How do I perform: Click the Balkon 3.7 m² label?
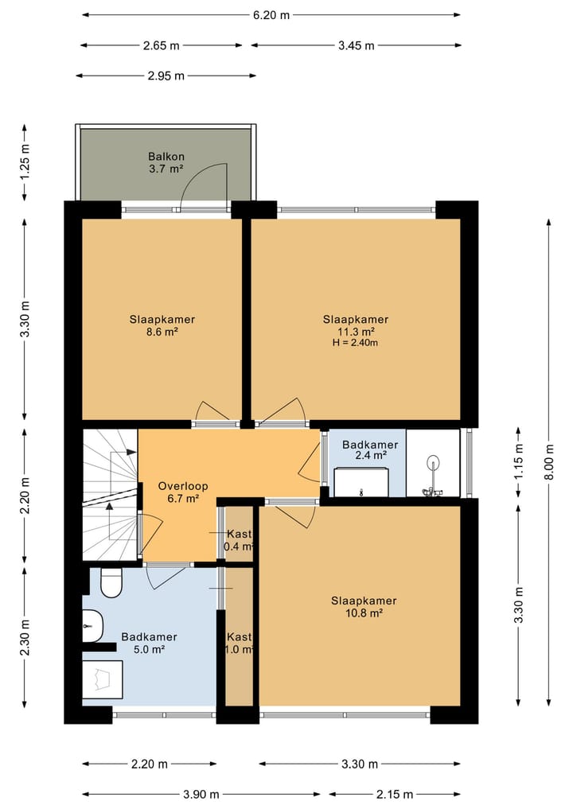click(x=166, y=162)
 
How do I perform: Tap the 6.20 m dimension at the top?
click(x=271, y=15)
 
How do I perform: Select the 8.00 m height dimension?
click(x=549, y=461)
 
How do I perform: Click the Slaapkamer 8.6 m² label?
click(x=162, y=325)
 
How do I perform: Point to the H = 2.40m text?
click(x=355, y=343)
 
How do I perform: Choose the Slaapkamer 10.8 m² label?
click(x=364, y=607)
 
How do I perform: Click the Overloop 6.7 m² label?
click(x=183, y=492)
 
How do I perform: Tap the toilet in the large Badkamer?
click(x=111, y=582)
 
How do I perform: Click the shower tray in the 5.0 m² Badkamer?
click(x=102, y=679)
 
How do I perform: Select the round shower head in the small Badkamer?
click(x=433, y=461)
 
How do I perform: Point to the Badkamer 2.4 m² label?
click(x=370, y=450)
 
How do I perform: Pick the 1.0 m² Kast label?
click(x=240, y=644)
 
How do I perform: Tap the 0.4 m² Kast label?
click(x=240, y=540)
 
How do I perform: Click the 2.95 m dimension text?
click(x=166, y=76)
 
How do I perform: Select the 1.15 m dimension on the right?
click(x=518, y=461)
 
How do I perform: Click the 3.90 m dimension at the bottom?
click(x=201, y=794)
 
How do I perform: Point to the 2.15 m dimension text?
click(x=395, y=794)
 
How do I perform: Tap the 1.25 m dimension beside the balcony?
click(x=25, y=161)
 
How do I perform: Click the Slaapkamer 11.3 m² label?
click(x=356, y=325)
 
